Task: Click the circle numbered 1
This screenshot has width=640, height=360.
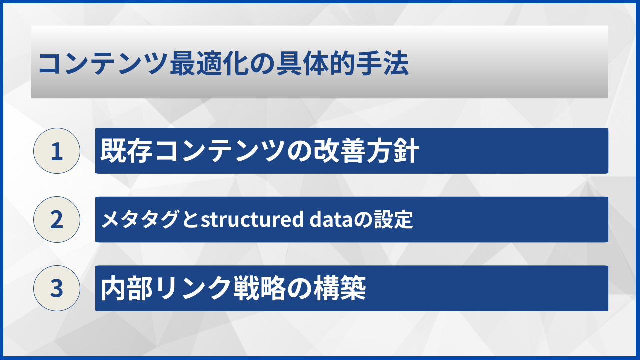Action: [x=57, y=151]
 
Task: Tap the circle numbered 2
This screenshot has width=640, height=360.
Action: [x=57, y=220]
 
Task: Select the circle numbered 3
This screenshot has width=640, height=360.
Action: [x=57, y=288]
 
